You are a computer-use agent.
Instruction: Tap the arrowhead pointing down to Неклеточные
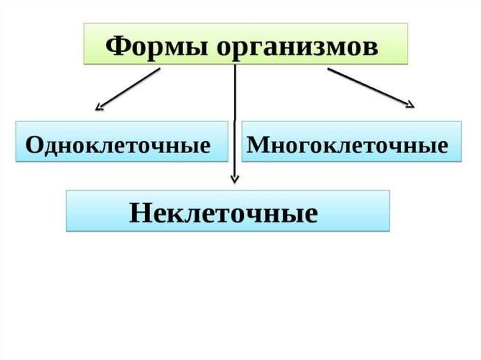pos(235,179)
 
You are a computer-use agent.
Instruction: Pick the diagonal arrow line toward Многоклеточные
pos(369,87)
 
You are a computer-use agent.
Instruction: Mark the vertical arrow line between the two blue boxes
pos(235,122)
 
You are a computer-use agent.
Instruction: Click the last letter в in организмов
pos(371,48)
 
